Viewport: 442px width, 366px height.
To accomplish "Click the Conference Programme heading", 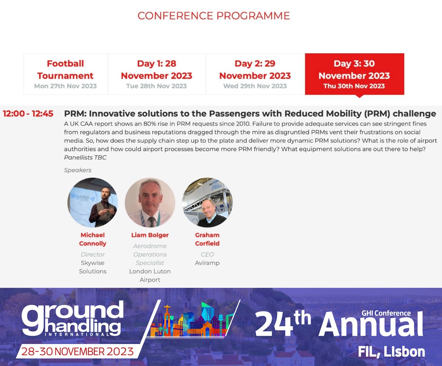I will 213,16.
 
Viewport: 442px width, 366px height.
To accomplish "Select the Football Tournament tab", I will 66,74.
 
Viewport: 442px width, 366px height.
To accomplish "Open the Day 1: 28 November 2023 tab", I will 157,74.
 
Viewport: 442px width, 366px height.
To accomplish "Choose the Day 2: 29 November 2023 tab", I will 255,74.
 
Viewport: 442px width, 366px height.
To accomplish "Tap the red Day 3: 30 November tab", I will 354,74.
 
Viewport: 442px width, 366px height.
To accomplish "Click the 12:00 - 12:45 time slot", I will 28,114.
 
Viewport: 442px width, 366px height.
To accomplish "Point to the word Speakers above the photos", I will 78,170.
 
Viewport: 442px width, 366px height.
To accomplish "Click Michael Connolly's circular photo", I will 92,203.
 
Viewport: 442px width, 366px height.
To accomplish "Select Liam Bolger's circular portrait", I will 150,203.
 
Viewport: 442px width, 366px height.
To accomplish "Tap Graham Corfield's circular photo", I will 207,203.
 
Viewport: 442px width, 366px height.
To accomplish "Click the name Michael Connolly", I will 92,239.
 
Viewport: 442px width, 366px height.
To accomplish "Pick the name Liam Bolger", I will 150,235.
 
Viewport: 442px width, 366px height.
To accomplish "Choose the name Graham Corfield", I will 207,239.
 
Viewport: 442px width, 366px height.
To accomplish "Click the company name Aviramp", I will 207,263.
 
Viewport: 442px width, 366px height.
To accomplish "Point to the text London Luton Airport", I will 150,275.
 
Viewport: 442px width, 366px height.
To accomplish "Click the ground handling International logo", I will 72,319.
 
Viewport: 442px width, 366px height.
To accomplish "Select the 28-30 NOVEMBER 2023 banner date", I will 77,351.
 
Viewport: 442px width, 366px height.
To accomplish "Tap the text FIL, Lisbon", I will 392,351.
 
